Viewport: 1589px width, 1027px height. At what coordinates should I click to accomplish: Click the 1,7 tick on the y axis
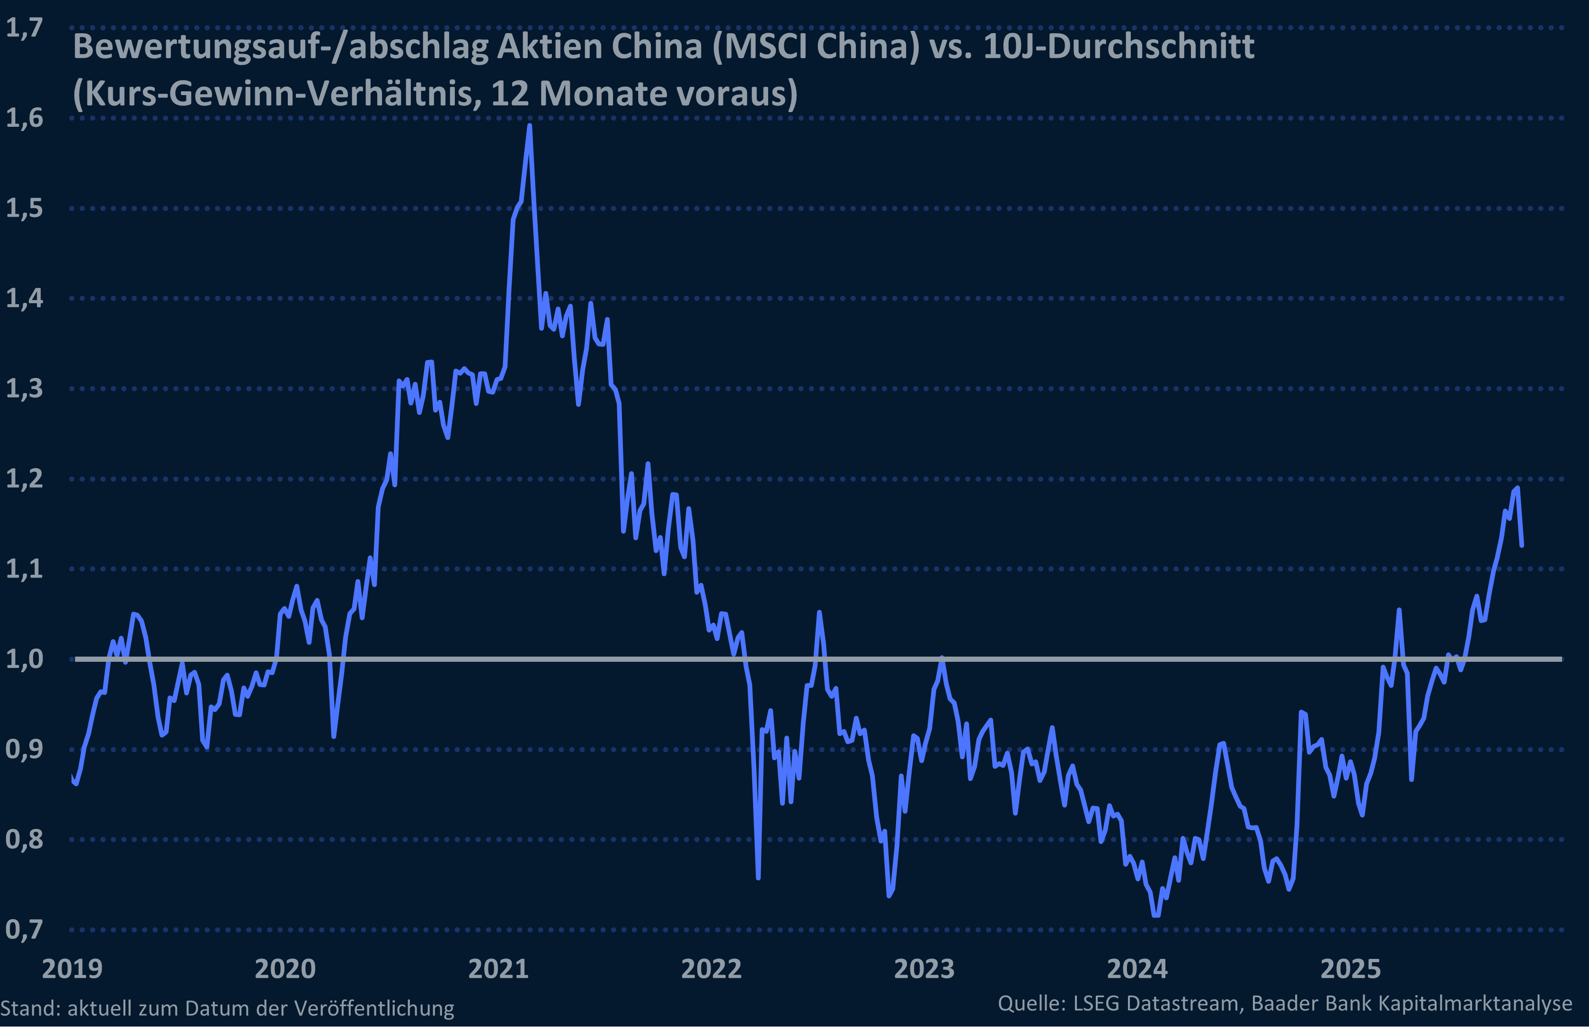[x=24, y=29]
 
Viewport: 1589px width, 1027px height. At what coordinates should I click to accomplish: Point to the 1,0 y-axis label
[x=24, y=659]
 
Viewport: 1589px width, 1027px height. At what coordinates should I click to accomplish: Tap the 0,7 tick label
[x=24, y=929]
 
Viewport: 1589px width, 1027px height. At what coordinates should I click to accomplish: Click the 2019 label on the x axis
[x=72, y=969]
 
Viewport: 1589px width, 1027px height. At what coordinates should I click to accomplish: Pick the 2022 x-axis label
[x=711, y=969]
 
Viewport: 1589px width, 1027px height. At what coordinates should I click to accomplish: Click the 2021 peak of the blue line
[x=530, y=126]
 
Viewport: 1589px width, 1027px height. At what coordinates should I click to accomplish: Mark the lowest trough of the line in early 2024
[x=1156, y=915]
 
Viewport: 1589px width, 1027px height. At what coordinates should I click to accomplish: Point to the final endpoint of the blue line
[x=1522, y=545]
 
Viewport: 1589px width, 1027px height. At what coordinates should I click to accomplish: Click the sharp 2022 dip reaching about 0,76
[x=758, y=877]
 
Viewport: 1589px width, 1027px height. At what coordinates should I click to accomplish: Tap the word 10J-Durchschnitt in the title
[x=1119, y=47]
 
